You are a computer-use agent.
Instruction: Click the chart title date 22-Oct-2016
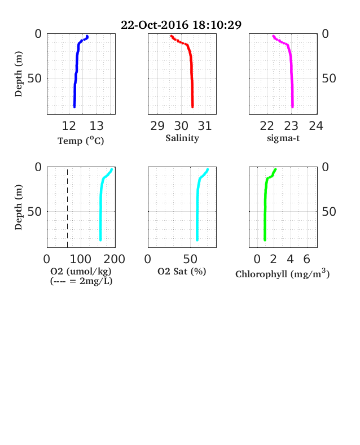(155, 25)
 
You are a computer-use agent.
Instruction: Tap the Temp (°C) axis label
(81, 141)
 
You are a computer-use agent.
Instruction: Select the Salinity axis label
(182, 138)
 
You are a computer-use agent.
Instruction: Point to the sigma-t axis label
(283, 138)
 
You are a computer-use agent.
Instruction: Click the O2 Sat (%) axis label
(182, 271)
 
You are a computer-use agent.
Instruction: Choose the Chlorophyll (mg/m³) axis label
(283, 273)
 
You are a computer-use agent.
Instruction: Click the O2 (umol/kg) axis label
(81, 271)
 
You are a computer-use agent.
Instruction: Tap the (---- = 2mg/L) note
(81, 281)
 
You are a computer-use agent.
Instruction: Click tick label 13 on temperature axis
(96, 126)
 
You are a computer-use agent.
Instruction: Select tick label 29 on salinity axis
(157, 126)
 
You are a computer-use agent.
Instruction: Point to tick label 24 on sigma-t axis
(316, 126)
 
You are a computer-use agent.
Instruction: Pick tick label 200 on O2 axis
(114, 259)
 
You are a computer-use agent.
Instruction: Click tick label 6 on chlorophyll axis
(307, 259)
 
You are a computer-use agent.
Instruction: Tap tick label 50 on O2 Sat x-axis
(190, 259)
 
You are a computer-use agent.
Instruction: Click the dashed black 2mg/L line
(68, 208)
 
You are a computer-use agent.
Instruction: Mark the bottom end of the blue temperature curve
(74, 107)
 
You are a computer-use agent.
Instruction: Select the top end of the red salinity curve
(171, 36)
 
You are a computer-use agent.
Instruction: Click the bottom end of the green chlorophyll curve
(265, 240)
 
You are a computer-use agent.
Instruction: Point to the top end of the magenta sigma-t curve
(273, 36)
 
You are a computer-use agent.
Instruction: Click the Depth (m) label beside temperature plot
(18, 74)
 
